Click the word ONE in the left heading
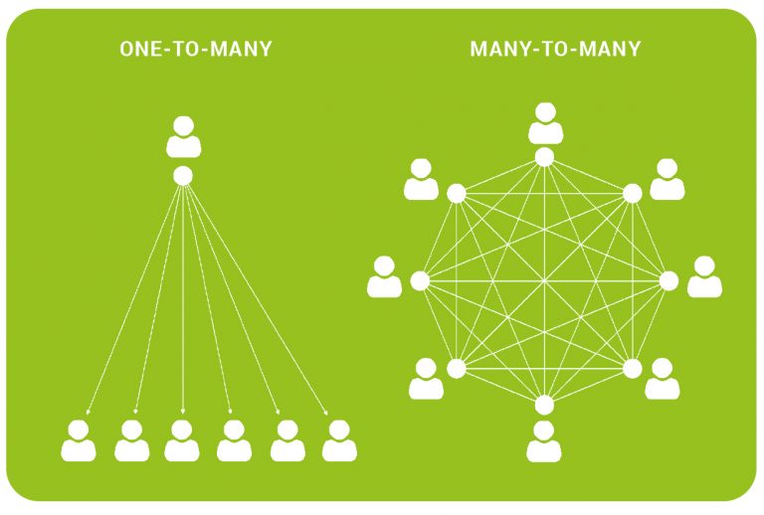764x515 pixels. click(x=138, y=49)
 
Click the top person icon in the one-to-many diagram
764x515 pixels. click(x=184, y=137)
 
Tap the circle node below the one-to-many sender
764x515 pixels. click(x=183, y=176)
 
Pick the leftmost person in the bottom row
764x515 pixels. click(x=79, y=440)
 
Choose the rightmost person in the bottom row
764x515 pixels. click(x=339, y=440)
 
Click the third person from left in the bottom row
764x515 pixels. click(x=182, y=440)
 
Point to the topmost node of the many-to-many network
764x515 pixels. click(x=544, y=157)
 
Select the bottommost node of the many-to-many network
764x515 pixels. click(x=544, y=405)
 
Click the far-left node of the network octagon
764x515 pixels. click(x=420, y=281)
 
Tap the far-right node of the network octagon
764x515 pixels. click(x=668, y=281)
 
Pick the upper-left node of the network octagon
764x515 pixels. click(x=457, y=194)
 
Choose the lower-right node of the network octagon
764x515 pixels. click(x=633, y=369)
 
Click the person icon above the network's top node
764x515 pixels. click(x=546, y=123)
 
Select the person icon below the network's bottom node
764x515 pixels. click(x=544, y=441)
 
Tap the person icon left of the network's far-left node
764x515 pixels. click(x=384, y=276)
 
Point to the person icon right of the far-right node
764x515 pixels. click(x=704, y=276)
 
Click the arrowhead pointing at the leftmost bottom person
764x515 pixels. click(x=88, y=413)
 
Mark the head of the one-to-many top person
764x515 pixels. click(x=184, y=125)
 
